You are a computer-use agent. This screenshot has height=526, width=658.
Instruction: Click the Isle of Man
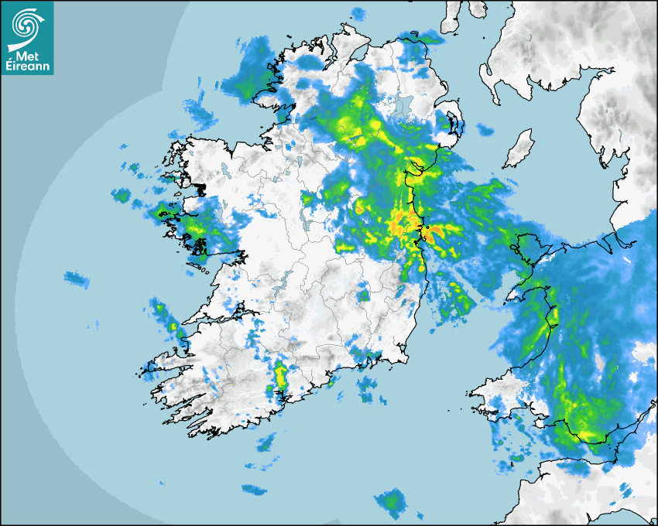519,149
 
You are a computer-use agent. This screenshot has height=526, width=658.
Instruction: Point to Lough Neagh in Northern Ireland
400,107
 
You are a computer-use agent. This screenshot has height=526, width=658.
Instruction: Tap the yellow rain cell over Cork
279,375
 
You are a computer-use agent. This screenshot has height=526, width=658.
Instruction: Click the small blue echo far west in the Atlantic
76,278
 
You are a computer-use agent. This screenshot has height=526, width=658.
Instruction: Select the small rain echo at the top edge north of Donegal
358,13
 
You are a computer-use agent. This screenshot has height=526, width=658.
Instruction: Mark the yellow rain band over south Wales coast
584,429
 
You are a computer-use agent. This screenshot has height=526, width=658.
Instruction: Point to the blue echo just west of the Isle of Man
485,130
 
